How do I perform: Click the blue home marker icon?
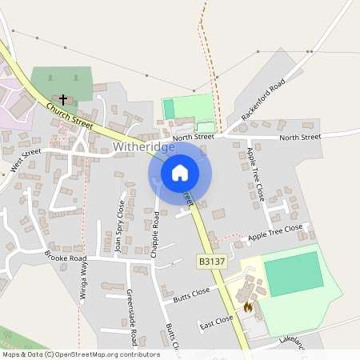click(180, 172)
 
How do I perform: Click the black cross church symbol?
click(63, 100)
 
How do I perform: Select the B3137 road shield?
click(211, 261)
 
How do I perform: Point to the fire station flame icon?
click(247, 306)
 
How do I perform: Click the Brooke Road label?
click(66, 258)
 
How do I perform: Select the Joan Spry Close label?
click(121, 227)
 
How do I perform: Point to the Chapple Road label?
click(156, 228)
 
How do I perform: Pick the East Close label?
click(216, 321)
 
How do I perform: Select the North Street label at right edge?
click(300, 138)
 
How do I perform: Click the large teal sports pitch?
click(294, 274)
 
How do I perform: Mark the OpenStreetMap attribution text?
click(80, 354)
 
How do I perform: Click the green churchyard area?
click(60, 82)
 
